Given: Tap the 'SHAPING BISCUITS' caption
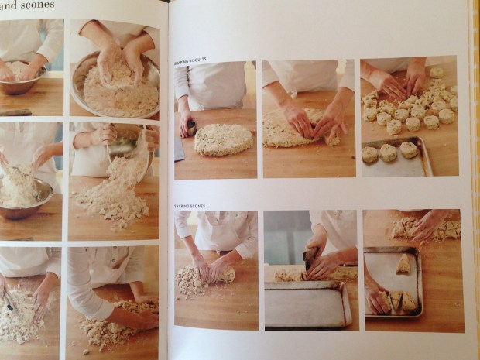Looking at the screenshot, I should pos(193,60).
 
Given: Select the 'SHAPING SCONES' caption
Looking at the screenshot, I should pos(191,206).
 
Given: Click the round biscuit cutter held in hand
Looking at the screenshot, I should pos(188,125).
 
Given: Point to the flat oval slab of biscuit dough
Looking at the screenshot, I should pos(223,139).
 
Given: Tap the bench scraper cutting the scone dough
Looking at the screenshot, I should pos(310,257).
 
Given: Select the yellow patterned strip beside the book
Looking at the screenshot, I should pos(474,178).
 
